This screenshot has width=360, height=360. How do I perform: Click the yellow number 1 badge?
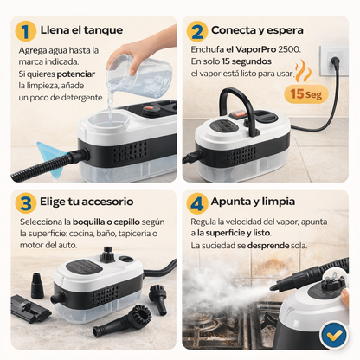[27, 31]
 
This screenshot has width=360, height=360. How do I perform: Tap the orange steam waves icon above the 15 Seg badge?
[304, 70]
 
